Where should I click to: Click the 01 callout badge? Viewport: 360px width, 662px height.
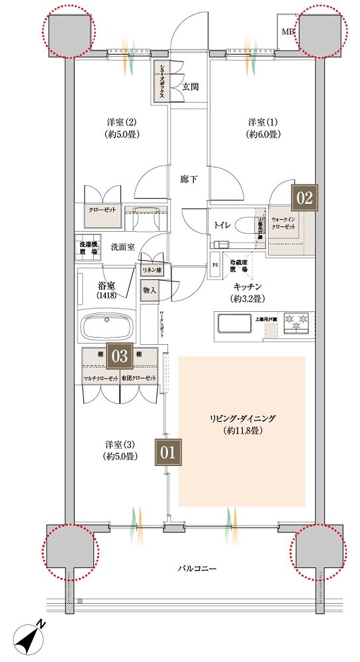tap(167, 453)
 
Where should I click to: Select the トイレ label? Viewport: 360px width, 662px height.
tap(222, 225)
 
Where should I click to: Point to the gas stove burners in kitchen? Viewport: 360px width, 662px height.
tap(296, 324)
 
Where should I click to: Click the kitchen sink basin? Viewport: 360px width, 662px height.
tap(232, 324)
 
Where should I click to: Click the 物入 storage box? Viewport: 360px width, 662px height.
tap(150, 289)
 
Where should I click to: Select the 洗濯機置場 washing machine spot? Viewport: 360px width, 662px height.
tap(85, 247)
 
